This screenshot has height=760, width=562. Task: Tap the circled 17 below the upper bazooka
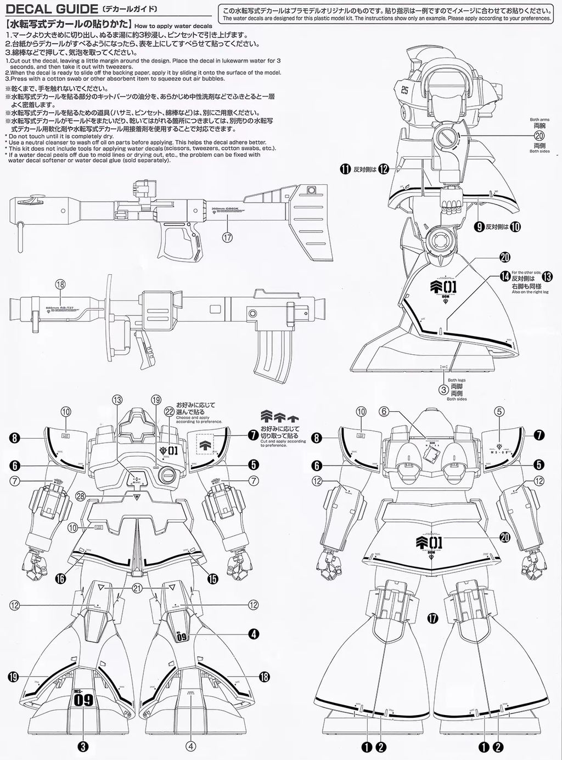tap(228, 237)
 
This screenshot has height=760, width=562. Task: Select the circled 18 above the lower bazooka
tap(61, 284)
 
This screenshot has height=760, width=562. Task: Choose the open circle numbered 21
tap(137, 587)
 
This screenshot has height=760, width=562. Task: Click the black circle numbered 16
tap(59, 578)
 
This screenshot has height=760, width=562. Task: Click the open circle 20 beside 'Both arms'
tap(538, 137)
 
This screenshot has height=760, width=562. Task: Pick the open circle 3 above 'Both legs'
tap(442, 390)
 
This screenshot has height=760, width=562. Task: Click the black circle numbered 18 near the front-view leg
tap(264, 677)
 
